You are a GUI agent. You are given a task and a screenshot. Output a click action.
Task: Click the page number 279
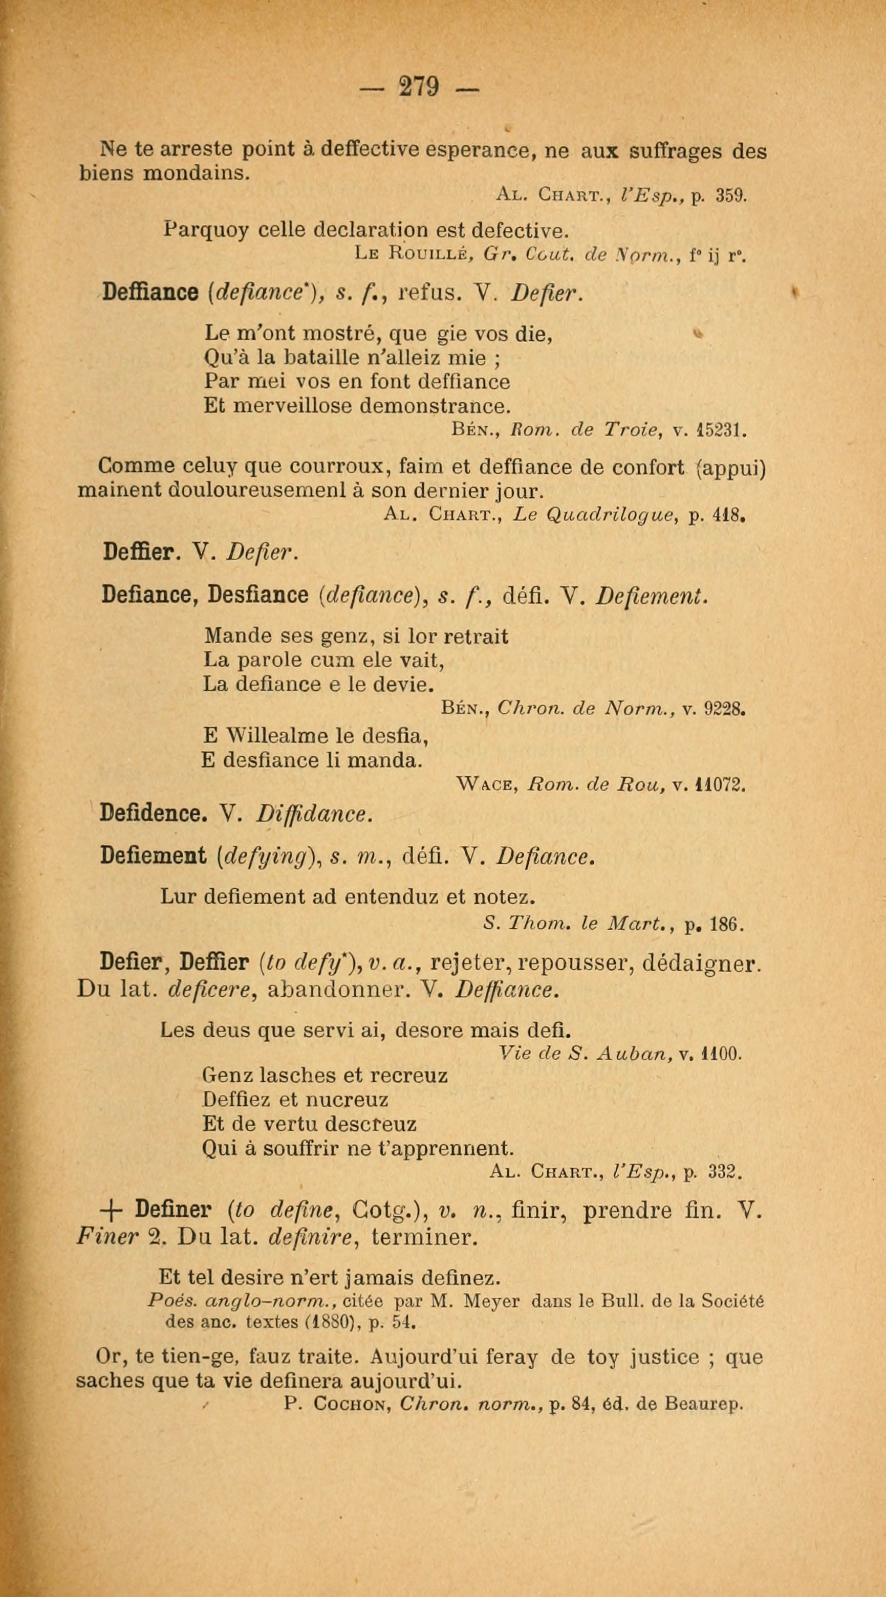click(x=420, y=87)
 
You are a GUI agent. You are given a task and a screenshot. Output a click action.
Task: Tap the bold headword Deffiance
click(x=150, y=292)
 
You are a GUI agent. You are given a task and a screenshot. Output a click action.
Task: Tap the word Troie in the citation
click(x=631, y=430)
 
